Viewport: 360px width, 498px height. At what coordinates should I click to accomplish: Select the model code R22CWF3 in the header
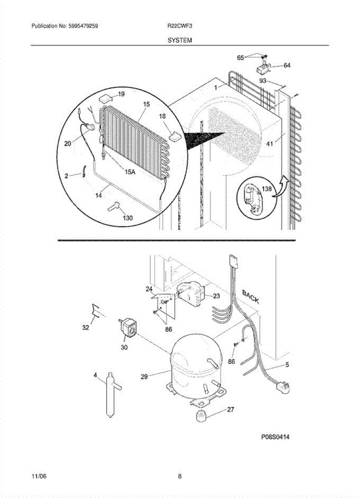pos(176,26)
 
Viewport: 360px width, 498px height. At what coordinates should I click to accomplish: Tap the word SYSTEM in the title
pos(180,40)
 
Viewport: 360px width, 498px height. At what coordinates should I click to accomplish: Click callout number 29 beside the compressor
pos(144,376)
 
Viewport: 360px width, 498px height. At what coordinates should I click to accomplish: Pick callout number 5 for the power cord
pos(287,365)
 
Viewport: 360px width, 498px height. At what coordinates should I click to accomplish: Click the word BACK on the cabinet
pos(251,297)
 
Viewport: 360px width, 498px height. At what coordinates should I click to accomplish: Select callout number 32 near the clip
pos(85,327)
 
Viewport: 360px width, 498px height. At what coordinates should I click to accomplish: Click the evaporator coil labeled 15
pos(133,133)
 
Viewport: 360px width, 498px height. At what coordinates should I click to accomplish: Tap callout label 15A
pos(130,172)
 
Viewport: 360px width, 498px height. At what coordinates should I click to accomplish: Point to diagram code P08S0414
pos(275,437)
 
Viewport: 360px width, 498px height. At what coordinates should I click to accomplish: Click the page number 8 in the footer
pos(180,476)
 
